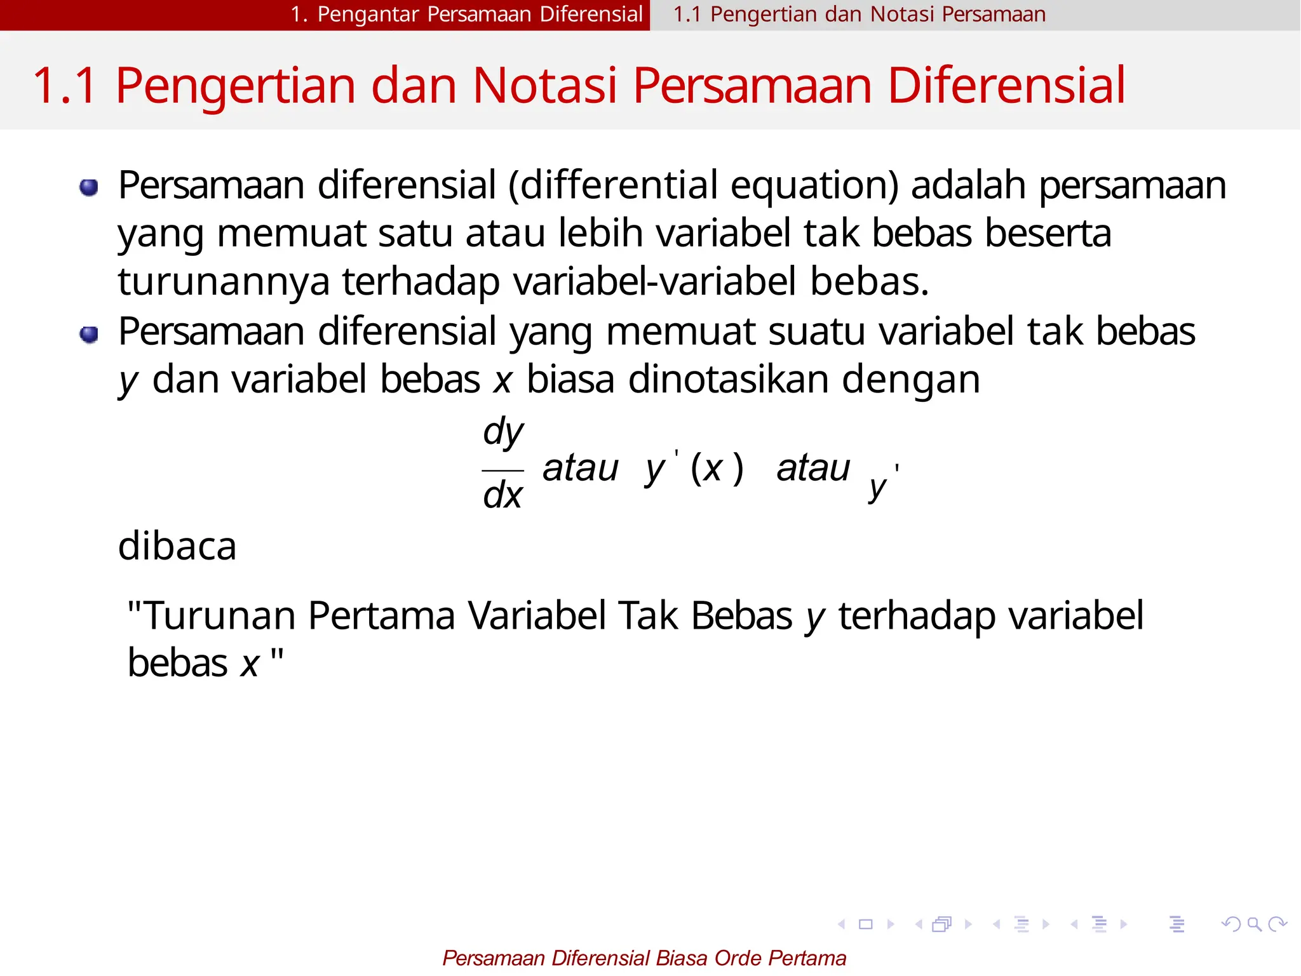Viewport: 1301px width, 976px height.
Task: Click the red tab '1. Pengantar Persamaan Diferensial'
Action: tap(467, 14)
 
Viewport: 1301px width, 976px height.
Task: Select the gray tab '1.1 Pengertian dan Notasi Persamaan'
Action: tap(859, 14)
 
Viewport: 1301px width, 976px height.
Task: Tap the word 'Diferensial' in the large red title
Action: tap(1006, 85)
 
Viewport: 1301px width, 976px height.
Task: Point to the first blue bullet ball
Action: tap(89, 187)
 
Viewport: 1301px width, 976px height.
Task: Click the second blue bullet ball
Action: tap(89, 334)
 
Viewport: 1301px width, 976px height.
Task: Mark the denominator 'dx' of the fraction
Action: tap(502, 495)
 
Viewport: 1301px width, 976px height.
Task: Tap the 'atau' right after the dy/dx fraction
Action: tap(580, 469)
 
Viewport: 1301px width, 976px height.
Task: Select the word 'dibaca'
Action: tap(177, 546)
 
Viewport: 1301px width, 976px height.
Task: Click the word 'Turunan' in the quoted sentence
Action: tap(220, 615)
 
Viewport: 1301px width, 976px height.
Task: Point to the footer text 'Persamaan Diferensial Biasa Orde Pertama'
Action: tap(644, 958)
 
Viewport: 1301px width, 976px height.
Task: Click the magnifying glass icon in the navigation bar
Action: tap(1254, 925)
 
